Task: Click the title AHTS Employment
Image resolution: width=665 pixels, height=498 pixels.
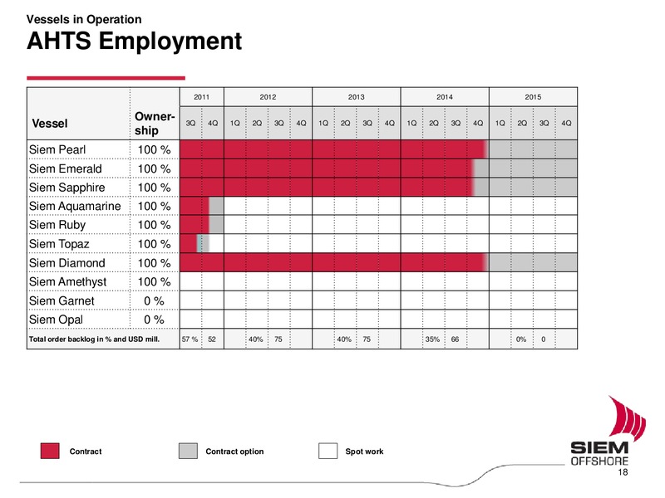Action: click(x=134, y=41)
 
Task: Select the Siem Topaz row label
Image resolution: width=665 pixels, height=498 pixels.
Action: click(x=59, y=244)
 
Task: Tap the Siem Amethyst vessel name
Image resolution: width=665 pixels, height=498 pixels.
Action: click(x=68, y=281)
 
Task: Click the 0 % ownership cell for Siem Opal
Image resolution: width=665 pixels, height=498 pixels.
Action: click(x=154, y=320)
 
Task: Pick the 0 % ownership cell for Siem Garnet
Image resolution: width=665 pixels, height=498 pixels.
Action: click(x=154, y=300)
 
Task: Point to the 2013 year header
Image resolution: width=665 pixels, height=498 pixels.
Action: click(x=357, y=97)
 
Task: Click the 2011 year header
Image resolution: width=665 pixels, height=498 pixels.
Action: click(x=201, y=97)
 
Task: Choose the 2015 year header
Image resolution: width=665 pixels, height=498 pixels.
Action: click(x=533, y=97)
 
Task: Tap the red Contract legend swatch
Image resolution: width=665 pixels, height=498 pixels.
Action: click(x=50, y=451)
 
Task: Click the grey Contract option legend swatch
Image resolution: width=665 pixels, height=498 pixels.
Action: click(x=189, y=451)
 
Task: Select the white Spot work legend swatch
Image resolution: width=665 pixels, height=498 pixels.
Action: click(x=328, y=451)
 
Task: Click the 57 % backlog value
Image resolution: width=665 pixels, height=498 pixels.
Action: click(x=190, y=339)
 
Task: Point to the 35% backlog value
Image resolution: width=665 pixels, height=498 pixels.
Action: click(x=432, y=339)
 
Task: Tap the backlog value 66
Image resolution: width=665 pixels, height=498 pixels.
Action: click(x=455, y=339)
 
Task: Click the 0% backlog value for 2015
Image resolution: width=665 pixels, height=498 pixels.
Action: click(x=521, y=339)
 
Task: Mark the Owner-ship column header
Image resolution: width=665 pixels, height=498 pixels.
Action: click(x=155, y=123)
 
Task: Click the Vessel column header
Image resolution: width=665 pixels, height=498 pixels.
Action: click(x=50, y=124)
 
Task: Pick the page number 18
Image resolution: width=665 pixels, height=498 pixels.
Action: click(x=623, y=472)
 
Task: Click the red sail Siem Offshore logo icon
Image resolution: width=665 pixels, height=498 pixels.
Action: click(x=627, y=417)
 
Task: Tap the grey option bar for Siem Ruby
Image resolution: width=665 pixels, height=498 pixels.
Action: click(x=216, y=224)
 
